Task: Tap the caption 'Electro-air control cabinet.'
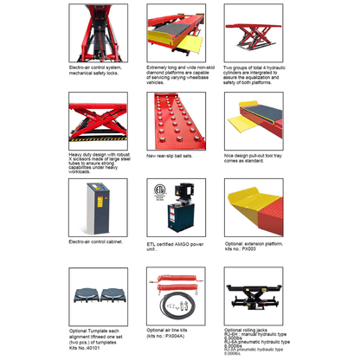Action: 95,243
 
